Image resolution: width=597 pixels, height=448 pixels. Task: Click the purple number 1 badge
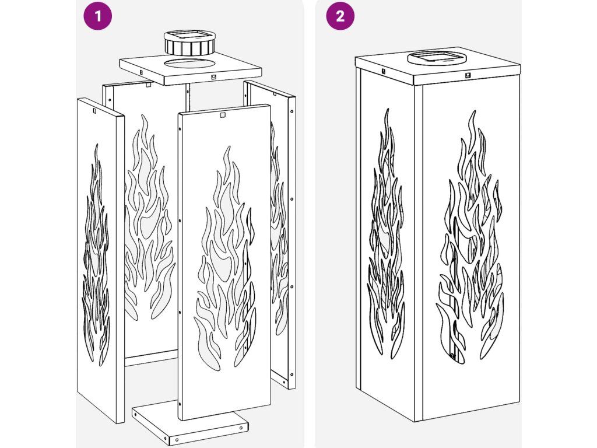98,16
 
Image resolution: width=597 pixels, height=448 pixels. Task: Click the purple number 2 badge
340,16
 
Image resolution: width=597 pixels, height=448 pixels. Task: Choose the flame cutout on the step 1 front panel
224,259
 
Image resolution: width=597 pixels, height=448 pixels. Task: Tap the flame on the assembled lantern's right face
471,236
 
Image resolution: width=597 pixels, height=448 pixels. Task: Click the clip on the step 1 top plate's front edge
212,76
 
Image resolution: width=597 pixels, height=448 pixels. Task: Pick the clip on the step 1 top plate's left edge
141,71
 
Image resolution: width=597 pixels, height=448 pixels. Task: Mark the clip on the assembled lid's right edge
468,75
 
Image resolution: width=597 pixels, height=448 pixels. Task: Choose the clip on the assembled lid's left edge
384,71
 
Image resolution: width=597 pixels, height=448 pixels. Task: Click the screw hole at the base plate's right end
241,428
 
